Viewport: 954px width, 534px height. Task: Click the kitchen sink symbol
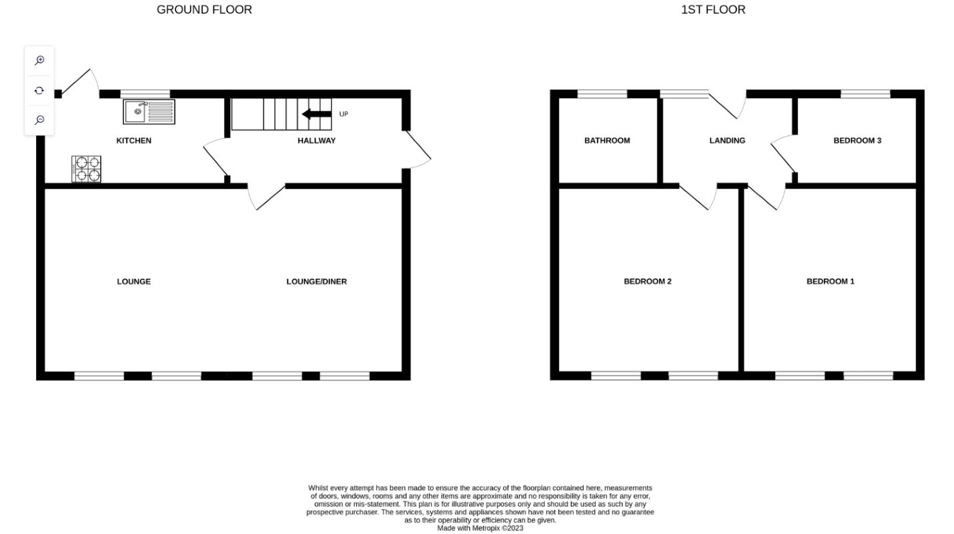point(149,111)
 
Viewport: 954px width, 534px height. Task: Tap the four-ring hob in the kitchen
point(86,169)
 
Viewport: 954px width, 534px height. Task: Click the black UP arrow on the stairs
point(317,114)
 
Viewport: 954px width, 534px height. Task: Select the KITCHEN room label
point(133,141)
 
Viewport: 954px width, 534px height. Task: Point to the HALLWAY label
point(316,141)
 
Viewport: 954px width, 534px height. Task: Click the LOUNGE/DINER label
point(316,282)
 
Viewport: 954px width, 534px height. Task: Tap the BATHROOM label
point(606,141)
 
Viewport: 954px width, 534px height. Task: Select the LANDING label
point(727,141)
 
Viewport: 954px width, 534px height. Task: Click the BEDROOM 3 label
point(857,141)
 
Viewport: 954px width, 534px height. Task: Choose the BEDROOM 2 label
point(647,282)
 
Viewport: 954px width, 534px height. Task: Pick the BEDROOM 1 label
point(830,282)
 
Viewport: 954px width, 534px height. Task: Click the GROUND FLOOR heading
point(204,10)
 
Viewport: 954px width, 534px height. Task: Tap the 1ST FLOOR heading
point(712,10)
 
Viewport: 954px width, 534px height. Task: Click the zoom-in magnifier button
point(39,61)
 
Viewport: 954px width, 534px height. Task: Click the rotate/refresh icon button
point(39,91)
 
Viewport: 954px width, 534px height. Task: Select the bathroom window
point(602,94)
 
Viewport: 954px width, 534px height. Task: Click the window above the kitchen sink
point(144,94)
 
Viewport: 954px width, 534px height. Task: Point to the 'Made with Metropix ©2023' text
point(480,528)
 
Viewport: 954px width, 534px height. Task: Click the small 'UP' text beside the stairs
point(344,114)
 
